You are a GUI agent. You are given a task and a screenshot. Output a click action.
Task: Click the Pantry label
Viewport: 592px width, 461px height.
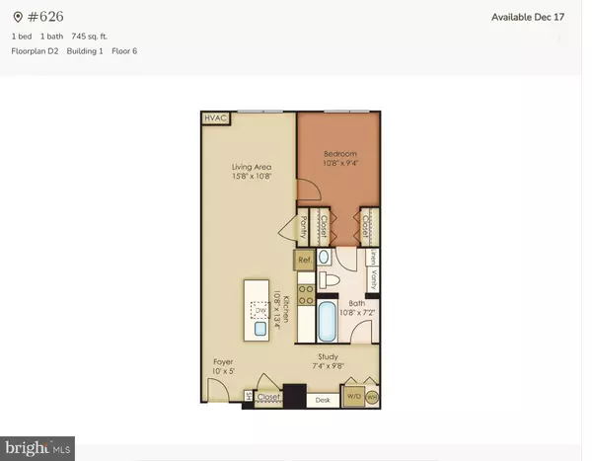303,227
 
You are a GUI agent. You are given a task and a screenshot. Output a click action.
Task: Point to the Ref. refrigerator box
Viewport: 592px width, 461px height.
304,260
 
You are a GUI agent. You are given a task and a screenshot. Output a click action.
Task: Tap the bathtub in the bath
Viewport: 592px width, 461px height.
329,322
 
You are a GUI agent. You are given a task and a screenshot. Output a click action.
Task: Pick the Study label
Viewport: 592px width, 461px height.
329,357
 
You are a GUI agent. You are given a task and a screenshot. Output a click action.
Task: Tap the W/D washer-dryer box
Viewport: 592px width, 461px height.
353,399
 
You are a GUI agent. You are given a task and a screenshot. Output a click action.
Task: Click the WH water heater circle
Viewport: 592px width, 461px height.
372,399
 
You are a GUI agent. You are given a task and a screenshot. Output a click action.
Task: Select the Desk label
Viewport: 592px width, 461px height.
322,400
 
